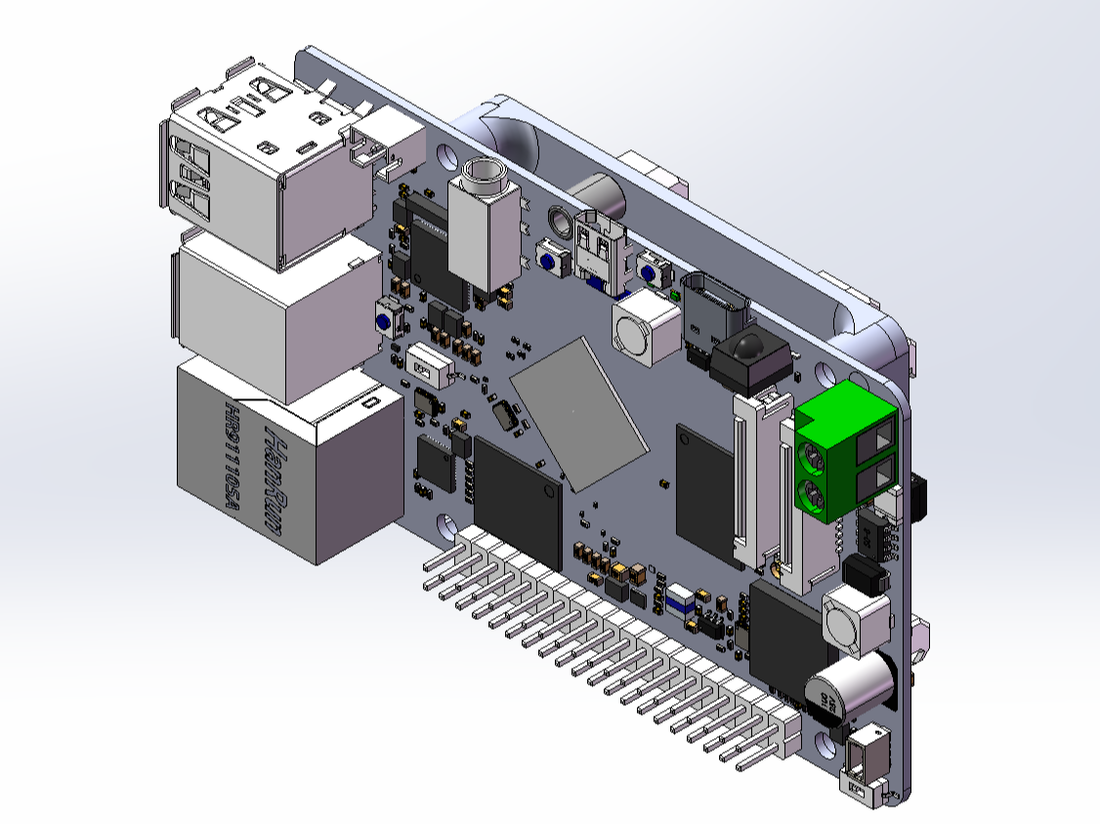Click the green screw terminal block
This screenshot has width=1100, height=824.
click(846, 449)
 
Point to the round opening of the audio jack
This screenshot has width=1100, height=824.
click(485, 176)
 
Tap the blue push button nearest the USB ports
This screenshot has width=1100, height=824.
click(387, 321)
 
